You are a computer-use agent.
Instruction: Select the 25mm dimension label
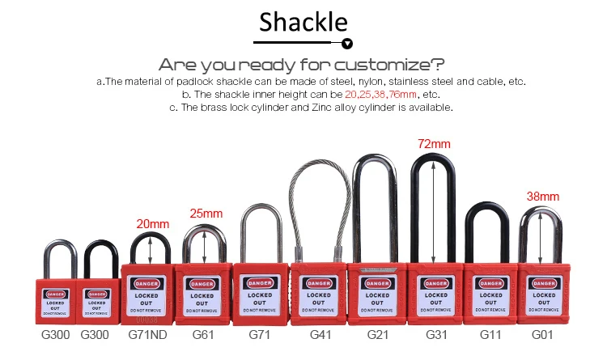[x=206, y=214]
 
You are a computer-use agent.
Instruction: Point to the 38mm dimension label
[x=543, y=196]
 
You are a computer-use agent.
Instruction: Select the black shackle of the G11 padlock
[x=490, y=231]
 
